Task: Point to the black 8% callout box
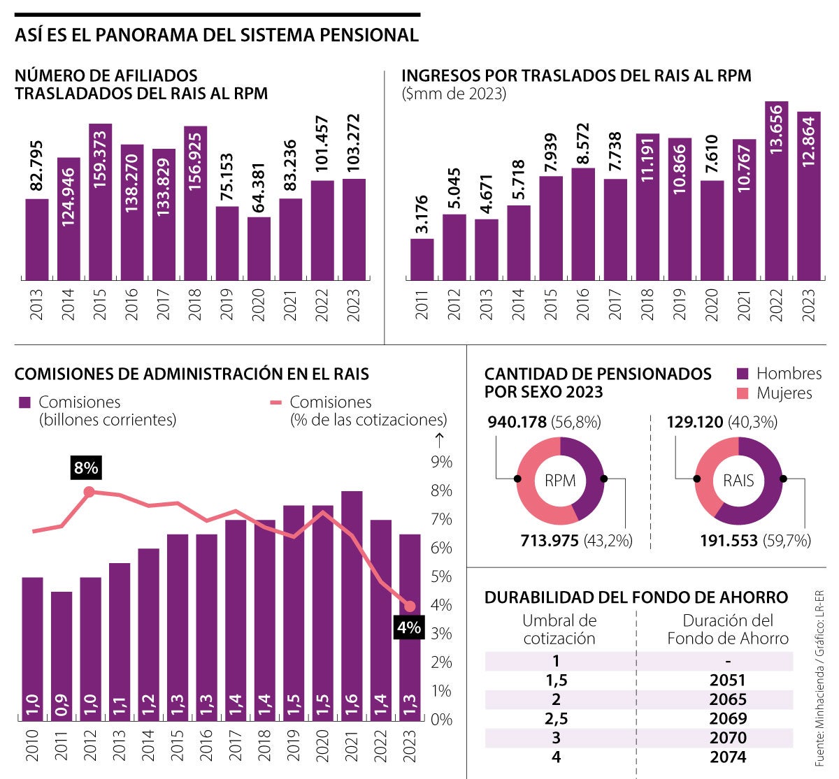coord(86,467)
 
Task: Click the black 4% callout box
coord(408,627)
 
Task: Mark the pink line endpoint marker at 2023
coord(410,606)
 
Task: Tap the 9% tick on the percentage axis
coord(442,462)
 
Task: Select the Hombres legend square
coord(743,374)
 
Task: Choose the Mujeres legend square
coord(743,393)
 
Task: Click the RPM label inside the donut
coord(560,481)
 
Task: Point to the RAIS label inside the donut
coord(738,481)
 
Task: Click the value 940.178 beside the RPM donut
coord(517,422)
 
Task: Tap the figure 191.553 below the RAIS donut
coord(729,540)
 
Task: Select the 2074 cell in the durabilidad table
coord(728,757)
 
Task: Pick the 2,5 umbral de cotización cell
coord(557,718)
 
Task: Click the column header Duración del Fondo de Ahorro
coord(728,629)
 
